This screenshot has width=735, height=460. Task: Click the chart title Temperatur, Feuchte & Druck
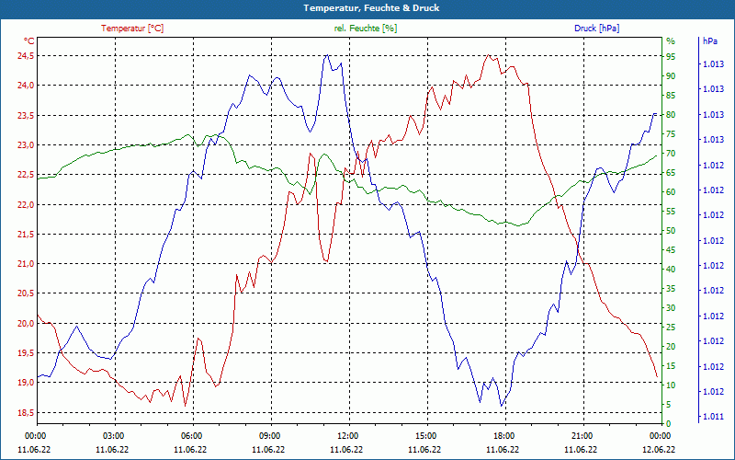[367, 7]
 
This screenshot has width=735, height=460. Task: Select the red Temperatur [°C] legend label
[132, 29]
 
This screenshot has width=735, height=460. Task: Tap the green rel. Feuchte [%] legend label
[366, 29]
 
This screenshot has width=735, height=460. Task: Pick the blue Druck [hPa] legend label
[596, 29]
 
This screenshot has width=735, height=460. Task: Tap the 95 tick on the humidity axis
[671, 55]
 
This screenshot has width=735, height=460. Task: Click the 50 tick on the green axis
[671, 230]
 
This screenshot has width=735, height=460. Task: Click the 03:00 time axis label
[114, 435]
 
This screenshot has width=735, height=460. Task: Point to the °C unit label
[28, 41]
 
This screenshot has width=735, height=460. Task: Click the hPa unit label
[710, 41]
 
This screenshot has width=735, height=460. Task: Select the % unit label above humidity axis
[671, 41]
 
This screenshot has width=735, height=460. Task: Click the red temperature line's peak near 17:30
[489, 55]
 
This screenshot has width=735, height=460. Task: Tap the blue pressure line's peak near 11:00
[326, 55]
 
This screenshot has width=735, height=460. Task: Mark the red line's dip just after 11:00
[326, 262]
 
